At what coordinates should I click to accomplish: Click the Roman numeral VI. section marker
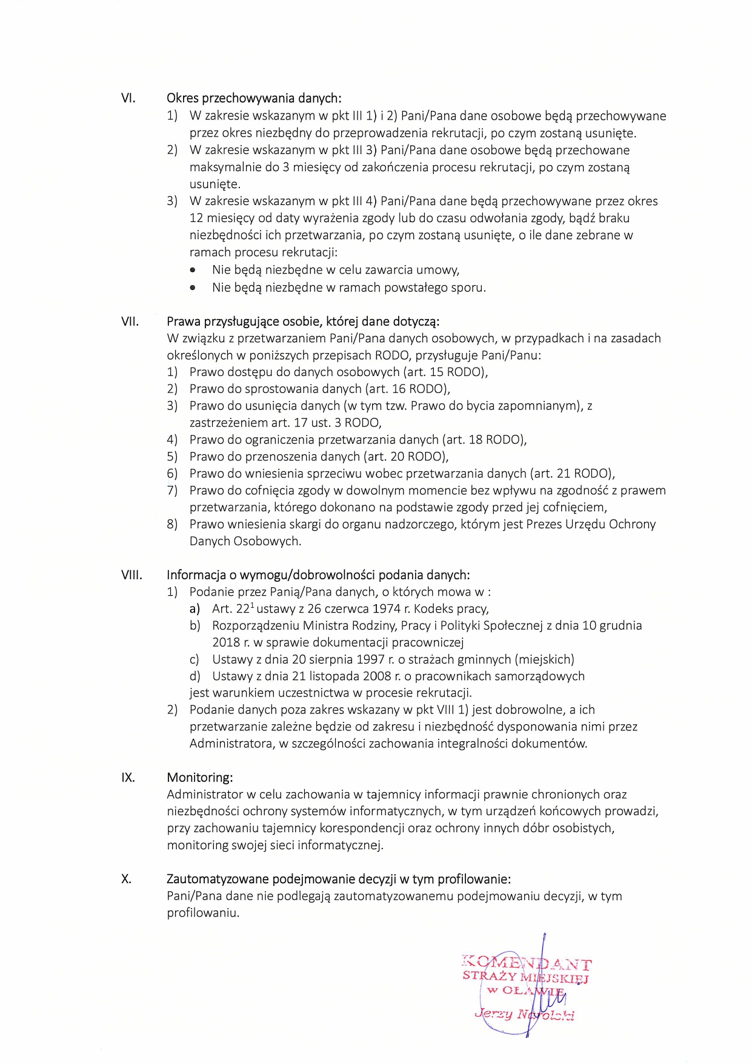(128, 98)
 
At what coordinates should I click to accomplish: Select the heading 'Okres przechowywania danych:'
(254, 98)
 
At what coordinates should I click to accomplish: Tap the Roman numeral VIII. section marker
(131, 575)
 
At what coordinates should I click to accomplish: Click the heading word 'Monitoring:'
(199, 778)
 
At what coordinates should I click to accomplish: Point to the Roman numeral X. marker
(126, 879)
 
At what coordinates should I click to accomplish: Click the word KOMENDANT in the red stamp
(526, 963)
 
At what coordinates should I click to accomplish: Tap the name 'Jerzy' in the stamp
(494, 1014)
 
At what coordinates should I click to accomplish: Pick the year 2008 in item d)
(376, 676)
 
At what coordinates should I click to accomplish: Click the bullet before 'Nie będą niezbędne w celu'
(193, 271)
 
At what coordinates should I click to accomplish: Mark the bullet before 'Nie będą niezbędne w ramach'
(193, 288)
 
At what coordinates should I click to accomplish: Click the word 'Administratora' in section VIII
(230, 744)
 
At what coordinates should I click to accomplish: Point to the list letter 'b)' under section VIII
(195, 625)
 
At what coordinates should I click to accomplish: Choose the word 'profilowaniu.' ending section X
(203, 913)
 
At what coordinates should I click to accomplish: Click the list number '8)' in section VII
(172, 524)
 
